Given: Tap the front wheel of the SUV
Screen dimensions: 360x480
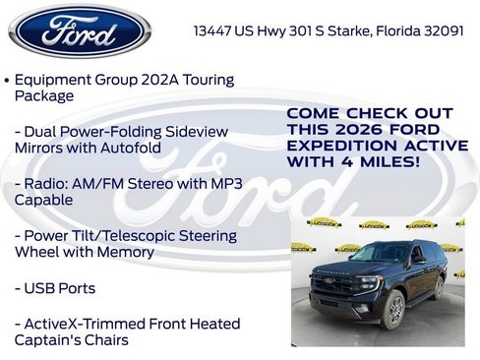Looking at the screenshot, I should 394,308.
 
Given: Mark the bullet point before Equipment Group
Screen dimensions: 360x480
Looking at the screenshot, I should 8,80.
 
